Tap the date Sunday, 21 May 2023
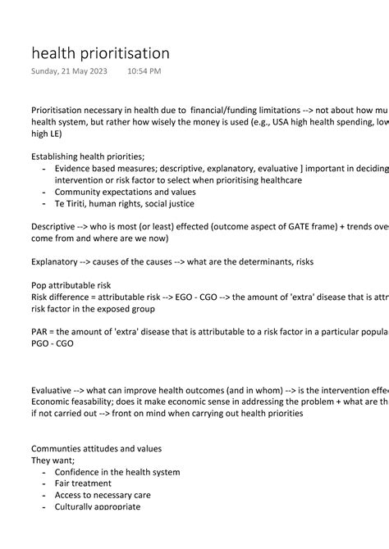(x=69, y=71)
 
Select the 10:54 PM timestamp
(x=144, y=71)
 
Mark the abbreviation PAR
(x=41, y=333)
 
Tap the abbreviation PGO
(x=42, y=345)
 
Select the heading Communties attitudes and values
(x=96, y=448)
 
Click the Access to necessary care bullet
(x=103, y=495)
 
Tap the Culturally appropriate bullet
(x=98, y=506)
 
